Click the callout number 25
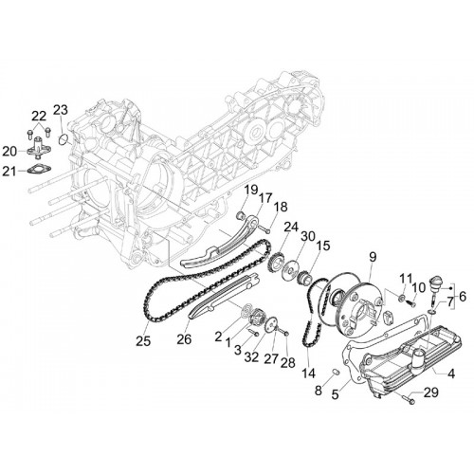point(143,341)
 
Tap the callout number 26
point(184,339)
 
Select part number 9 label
point(373,257)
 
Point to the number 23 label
point(60,110)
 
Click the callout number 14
point(308,373)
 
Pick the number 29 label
point(431,392)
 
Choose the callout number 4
point(451,374)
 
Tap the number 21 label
point(9,172)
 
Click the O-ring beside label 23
point(64,139)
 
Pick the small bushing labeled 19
point(241,216)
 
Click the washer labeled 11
point(402,298)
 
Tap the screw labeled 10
point(410,303)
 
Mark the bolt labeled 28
point(284,333)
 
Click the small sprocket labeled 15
point(305,277)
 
